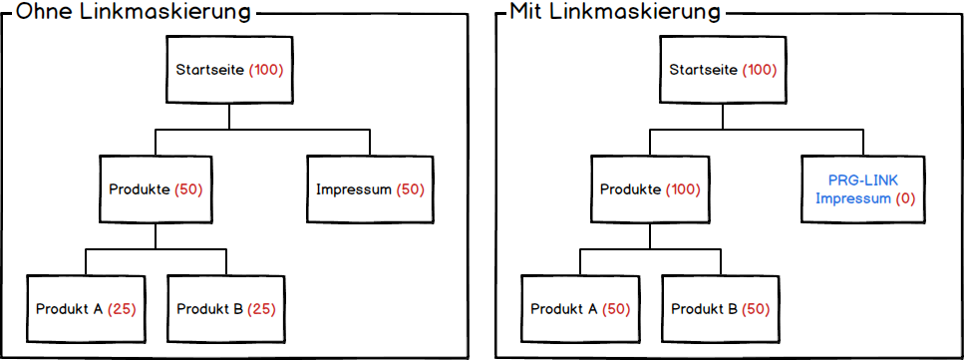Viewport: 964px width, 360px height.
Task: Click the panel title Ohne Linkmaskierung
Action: (x=129, y=13)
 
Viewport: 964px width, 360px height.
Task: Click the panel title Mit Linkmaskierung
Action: (x=615, y=13)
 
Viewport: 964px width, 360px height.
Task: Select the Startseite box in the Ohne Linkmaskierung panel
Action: (x=230, y=70)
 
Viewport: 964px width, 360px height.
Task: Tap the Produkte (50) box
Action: (x=156, y=189)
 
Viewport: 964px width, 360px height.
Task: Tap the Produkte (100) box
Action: (x=651, y=189)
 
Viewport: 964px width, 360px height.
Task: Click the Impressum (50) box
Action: (x=370, y=189)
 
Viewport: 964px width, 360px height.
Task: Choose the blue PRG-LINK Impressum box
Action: (x=865, y=189)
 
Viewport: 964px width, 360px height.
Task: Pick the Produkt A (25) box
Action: (x=86, y=309)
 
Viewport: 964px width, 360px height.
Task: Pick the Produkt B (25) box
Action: (x=226, y=309)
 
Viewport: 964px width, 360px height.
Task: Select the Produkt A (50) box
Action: (x=580, y=309)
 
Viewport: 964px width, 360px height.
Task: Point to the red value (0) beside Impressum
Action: (x=905, y=198)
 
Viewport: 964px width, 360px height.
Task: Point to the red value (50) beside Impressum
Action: (x=411, y=189)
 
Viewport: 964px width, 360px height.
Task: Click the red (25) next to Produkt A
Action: (x=122, y=309)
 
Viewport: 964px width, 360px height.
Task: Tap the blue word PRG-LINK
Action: (x=865, y=180)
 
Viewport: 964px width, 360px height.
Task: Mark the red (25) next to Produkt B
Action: (x=262, y=309)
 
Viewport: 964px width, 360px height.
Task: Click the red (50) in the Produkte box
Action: (x=188, y=189)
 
